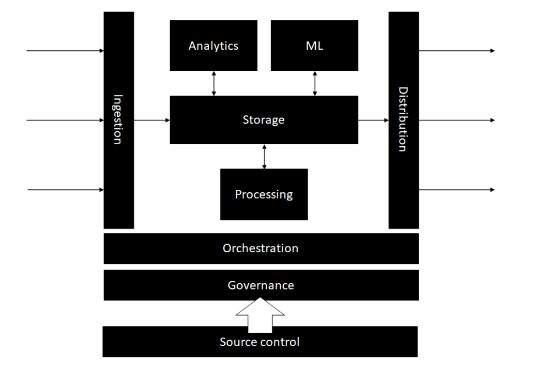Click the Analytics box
click(x=214, y=46)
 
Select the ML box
click(x=314, y=46)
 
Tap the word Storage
click(x=263, y=120)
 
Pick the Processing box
click(x=264, y=194)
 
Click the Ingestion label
click(x=118, y=119)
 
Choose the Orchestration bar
click(x=260, y=248)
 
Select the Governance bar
click(x=260, y=285)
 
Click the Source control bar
click(x=260, y=342)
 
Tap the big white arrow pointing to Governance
click(x=260, y=315)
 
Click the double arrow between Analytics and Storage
click(x=214, y=83)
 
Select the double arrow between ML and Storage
click(x=315, y=83)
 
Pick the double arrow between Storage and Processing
click(x=264, y=156)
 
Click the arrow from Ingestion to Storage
click(x=152, y=120)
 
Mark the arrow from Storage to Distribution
click(x=373, y=120)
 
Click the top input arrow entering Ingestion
click(x=65, y=50)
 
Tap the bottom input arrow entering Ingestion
click(x=65, y=190)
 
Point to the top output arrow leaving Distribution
click(x=457, y=50)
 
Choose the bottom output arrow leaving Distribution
click(x=457, y=190)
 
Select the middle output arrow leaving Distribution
click(x=457, y=120)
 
